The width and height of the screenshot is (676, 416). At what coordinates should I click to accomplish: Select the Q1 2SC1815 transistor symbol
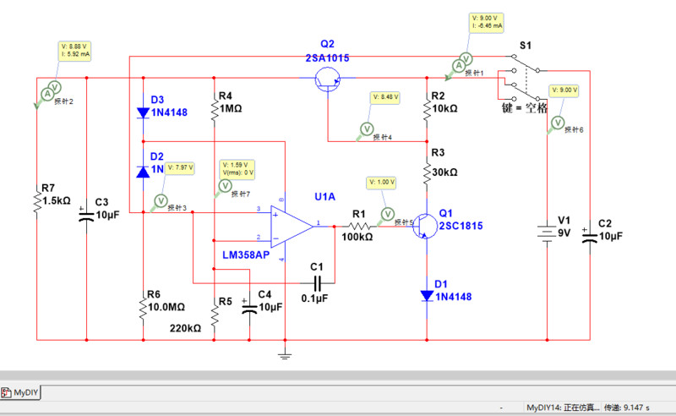(x=424, y=227)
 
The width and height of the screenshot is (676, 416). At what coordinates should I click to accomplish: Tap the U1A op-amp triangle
(x=289, y=226)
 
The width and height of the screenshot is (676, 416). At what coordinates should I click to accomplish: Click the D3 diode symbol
(x=142, y=112)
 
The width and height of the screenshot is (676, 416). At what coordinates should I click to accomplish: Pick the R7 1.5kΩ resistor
(x=37, y=200)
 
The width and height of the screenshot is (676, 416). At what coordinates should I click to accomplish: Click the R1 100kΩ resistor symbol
(x=361, y=226)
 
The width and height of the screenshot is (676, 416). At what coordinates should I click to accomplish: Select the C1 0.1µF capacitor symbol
(x=317, y=282)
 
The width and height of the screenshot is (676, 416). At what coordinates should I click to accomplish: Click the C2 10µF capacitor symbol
(x=590, y=235)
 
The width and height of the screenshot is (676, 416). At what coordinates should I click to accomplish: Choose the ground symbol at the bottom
(x=286, y=353)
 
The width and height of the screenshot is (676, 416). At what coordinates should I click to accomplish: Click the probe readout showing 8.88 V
(x=74, y=50)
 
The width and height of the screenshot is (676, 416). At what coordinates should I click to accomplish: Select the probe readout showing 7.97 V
(x=182, y=167)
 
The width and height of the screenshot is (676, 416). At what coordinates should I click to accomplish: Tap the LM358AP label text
(x=246, y=255)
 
